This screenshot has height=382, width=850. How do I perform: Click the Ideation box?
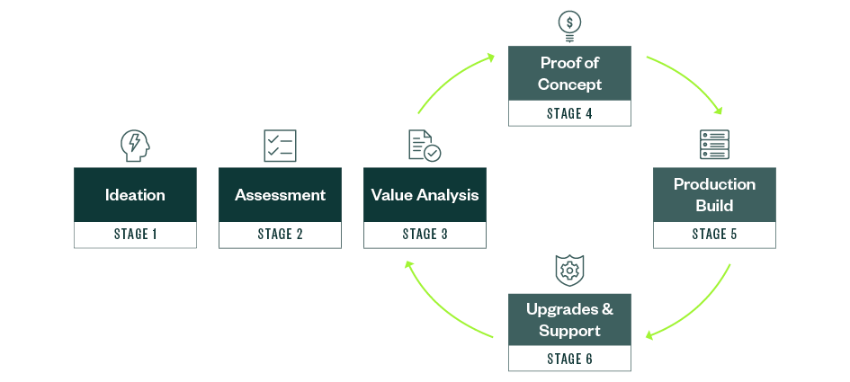click(135, 195)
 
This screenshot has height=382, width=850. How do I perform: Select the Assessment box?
click(280, 195)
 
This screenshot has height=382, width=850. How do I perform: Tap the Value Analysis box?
click(425, 195)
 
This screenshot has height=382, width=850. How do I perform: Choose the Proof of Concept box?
click(569, 75)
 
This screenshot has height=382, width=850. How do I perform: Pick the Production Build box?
click(714, 195)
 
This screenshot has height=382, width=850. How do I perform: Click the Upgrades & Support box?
click(569, 320)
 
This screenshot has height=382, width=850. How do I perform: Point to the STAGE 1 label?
click(135, 235)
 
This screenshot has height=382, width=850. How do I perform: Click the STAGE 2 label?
click(280, 235)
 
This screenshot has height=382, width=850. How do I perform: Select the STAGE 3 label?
click(425, 235)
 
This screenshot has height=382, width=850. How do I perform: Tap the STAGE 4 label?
click(569, 113)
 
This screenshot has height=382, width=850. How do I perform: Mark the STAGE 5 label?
click(714, 235)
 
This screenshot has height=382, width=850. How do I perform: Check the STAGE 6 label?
click(569, 359)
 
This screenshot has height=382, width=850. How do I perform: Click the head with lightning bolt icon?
click(135, 145)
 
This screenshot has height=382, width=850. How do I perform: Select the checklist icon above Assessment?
click(280, 145)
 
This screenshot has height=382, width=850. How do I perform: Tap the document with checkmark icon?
click(425, 146)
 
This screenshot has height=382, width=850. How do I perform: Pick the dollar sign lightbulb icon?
click(569, 24)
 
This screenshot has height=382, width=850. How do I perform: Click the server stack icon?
click(714, 145)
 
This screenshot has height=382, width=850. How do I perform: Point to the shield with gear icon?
click(569, 269)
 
